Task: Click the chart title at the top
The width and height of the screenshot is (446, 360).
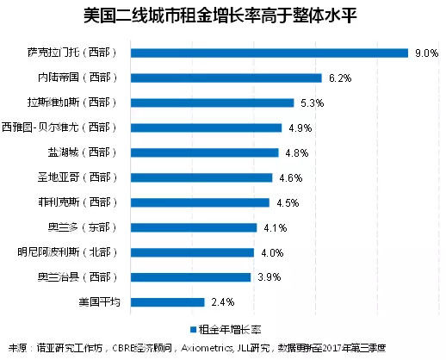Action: click(222, 16)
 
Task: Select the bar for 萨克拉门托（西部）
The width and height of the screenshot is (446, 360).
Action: click(272, 53)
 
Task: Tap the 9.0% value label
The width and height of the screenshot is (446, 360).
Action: click(426, 53)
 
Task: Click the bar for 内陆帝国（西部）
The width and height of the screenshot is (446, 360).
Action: click(229, 78)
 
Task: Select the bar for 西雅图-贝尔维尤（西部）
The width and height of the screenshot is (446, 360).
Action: click(209, 127)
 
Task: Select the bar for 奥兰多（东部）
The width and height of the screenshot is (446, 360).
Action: click(197, 227)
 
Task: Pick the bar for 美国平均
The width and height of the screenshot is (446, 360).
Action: click(170, 302)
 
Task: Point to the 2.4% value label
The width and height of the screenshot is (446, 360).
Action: click(222, 303)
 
